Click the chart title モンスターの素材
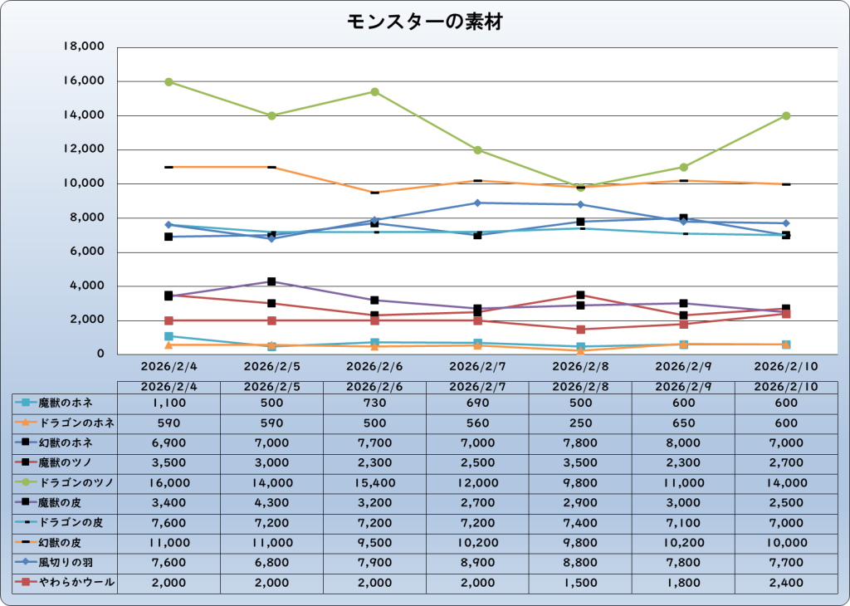coord(424,22)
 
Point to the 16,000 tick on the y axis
coord(83,81)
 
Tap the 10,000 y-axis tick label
coord(83,183)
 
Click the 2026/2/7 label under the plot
coord(478,365)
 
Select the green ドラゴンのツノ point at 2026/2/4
coord(169,82)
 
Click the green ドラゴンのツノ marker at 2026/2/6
coord(375,92)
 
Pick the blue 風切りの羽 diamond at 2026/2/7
coord(478,203)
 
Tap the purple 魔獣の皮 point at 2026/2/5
coord(272,281)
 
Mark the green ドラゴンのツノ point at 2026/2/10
coord(786,116)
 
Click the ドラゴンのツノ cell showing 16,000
coord(169,483)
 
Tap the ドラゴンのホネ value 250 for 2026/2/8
coord(581,423)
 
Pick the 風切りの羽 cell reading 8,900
coord(478,563)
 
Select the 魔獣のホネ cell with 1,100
coord(169,403)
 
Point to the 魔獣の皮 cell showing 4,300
coord(272,503)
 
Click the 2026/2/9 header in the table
coord(684,387)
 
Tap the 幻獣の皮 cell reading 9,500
coord(375,543)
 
